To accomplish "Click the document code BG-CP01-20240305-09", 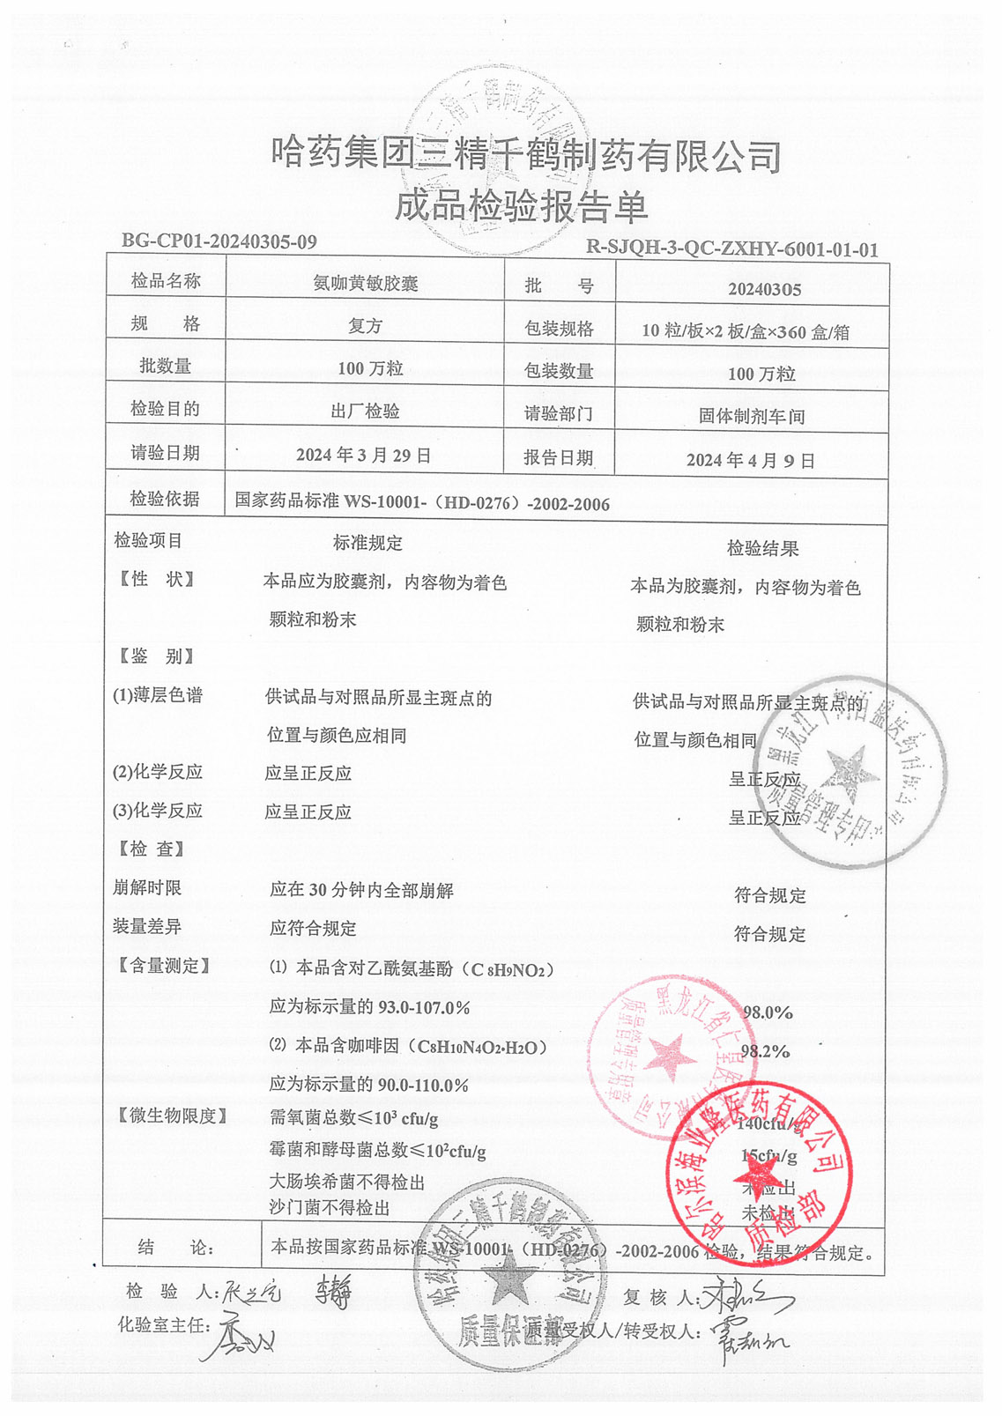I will (219, 241).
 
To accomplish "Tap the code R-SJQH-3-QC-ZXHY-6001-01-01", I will (732, 249).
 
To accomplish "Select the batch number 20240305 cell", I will (764, 289).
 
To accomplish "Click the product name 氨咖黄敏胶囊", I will (366, 284).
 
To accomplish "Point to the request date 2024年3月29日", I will (363, 455).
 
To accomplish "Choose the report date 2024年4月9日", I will (750, 460).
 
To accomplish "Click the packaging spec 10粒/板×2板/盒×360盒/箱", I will (745, 331).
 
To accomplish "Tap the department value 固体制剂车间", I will (751, 416).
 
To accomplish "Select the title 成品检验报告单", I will (520, 206).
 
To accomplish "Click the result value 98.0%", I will (768, 1012).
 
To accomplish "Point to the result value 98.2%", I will (765, 1051).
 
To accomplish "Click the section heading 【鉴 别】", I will (157, 656).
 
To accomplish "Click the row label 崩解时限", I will (147, 888).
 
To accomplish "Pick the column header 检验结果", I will (762, 548).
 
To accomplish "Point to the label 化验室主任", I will (164, 1324).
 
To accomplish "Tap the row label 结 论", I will (175, 1248).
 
